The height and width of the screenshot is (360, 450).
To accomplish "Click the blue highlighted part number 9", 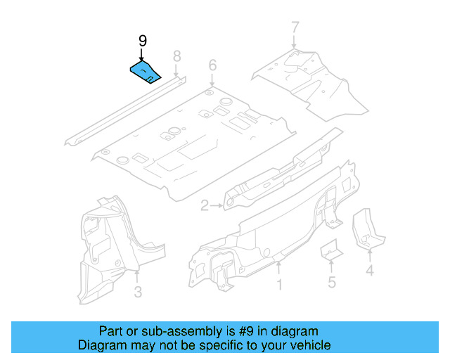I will (x=146, y=72).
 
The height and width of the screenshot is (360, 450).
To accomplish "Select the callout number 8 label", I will (x=176, y=56).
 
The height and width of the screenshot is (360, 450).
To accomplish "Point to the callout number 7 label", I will (x=295, y=29).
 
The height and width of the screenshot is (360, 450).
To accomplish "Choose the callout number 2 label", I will (x=205, y=206).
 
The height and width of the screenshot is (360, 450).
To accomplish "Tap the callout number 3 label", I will (x=138, y=292).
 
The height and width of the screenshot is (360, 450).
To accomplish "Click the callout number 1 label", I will (x=279, y=285).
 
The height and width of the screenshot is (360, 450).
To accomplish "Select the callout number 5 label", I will (x=331, y=283).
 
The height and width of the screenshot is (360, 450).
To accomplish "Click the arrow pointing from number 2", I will (x=217, y=205).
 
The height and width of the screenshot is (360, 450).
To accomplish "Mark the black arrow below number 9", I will (x=141, y=56).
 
